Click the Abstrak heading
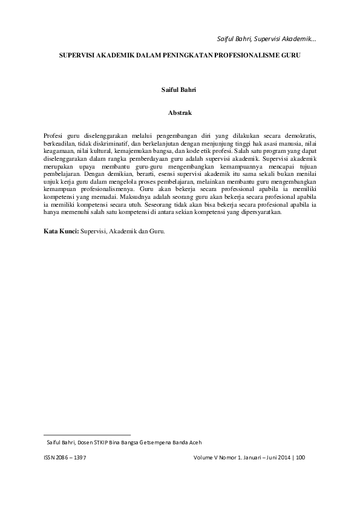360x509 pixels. coord(180,112)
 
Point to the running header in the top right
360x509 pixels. coord(266,39)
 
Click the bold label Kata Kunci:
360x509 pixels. coord(61,231)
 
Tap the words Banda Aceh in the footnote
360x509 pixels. coord(193,443)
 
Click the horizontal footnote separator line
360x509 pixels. coord(87,434)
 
